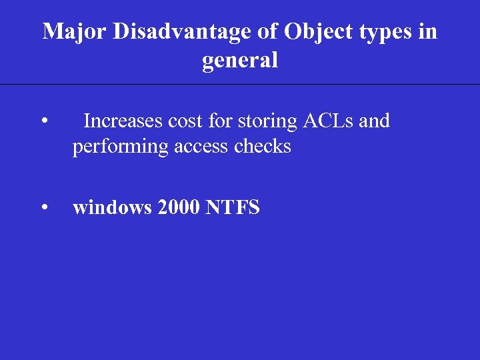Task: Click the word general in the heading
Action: (x=240, y=61)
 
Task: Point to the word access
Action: (x=201, y=147)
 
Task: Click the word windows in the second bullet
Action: (x=112, y=208)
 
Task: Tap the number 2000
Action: (x=179, y=208)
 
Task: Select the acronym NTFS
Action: (x=233, y=208)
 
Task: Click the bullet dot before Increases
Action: (x=43, y=122)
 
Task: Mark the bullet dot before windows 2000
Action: (x=43, y=209)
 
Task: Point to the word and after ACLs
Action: (x=375, y=121)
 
